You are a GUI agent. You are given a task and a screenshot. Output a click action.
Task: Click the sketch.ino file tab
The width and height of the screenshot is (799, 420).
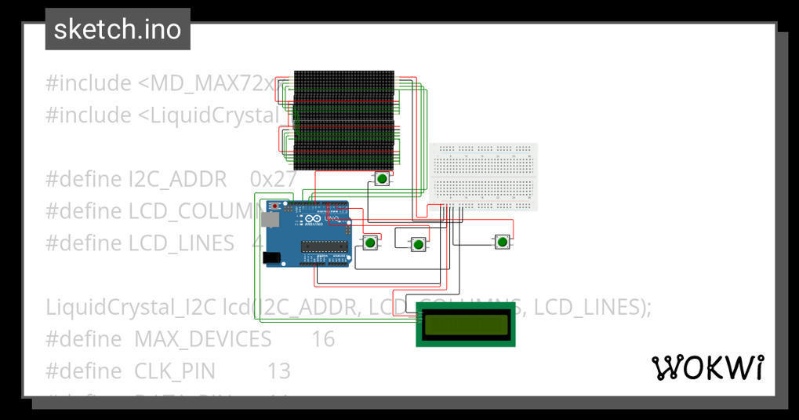118,30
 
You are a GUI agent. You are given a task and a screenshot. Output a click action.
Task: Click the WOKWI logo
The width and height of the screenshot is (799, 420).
707,367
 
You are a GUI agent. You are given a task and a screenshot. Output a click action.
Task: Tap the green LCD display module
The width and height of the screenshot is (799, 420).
467,324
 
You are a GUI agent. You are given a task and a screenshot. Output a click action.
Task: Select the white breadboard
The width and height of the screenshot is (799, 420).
484,177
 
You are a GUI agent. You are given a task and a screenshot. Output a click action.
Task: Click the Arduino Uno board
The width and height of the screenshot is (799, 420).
307,233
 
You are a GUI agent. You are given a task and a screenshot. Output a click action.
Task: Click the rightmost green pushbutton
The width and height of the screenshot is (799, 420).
502,242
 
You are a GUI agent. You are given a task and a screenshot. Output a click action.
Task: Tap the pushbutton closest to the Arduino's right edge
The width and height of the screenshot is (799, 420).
369,243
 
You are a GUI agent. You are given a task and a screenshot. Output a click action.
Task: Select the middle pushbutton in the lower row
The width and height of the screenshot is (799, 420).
418,245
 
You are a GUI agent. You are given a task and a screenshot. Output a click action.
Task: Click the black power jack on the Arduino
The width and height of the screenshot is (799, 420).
271,257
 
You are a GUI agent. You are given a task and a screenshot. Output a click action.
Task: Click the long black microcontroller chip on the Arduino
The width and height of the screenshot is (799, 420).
325,247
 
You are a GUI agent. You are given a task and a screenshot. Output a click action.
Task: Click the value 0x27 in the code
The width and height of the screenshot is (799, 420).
273,179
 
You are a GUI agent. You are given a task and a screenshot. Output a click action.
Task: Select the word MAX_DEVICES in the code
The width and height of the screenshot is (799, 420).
202,339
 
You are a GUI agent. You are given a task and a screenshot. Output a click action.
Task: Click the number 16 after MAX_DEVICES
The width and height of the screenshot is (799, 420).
322,339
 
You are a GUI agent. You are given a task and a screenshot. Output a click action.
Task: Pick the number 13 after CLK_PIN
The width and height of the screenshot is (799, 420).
278,371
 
